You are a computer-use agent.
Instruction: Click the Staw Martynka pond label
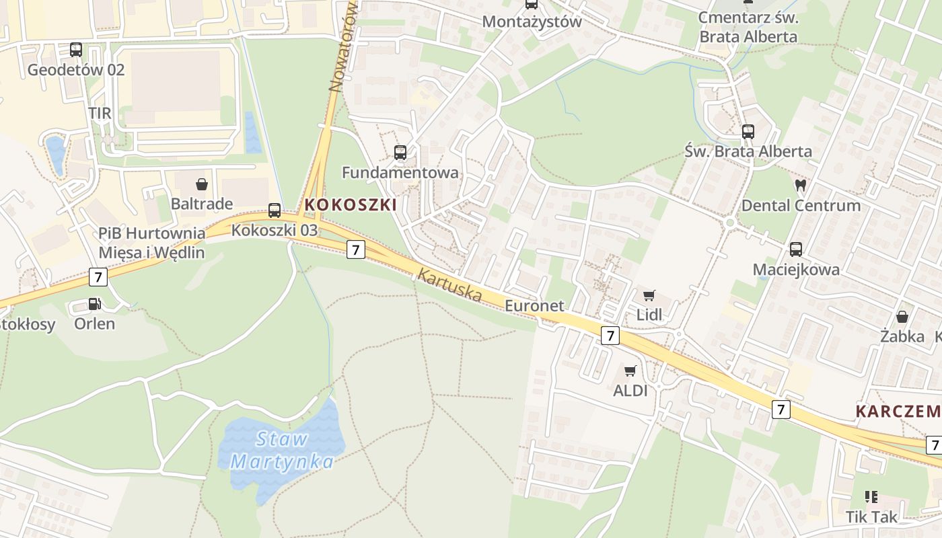pyautogui.click(x=282, y=451)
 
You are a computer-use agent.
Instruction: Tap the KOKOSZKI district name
pyautogui.click(x=351, y=204)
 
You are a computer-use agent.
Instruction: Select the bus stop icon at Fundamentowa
pyautogui.click(x=400, y=153)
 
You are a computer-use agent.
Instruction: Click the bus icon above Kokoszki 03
pyautogui.click(x=275, y=210)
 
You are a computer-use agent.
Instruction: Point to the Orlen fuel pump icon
pyautogui.click(x=94, y=304)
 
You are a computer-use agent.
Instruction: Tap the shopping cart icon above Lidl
pyautogui.click(x=649, y=295)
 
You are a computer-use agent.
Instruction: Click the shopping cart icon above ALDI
pyautogui.click(x=630, y=371)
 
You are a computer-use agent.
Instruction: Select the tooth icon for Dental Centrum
pyautogui.click(x=800, y=185)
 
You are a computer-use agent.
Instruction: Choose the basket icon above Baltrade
pyautogui.click(x=201, y=184)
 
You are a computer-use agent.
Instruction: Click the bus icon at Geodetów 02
pyautogui.click(x=76, y=50)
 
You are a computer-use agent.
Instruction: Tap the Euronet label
pyautogui.click(x=534, y=305)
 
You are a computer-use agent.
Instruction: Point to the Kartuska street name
pyautogui.click(x=449, y=284)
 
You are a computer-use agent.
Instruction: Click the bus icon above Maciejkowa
pyautogui.click(x=796, y=249)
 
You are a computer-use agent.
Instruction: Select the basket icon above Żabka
pyautogui.click(x=902, y=316)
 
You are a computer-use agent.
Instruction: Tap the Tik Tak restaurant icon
pyautogui.click(x=871, y=497)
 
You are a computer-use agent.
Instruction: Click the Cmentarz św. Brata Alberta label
pyautogui.click(x=748, y=27)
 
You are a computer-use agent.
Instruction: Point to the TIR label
pyautogui.click(x=100, y=113)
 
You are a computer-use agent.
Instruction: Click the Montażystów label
pyautogui.click(x=532, y=22)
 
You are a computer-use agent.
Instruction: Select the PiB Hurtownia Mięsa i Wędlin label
pyautogui.click(x=151, y=243)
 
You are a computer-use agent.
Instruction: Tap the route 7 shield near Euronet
pyautogui.click(x=610, y=336)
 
